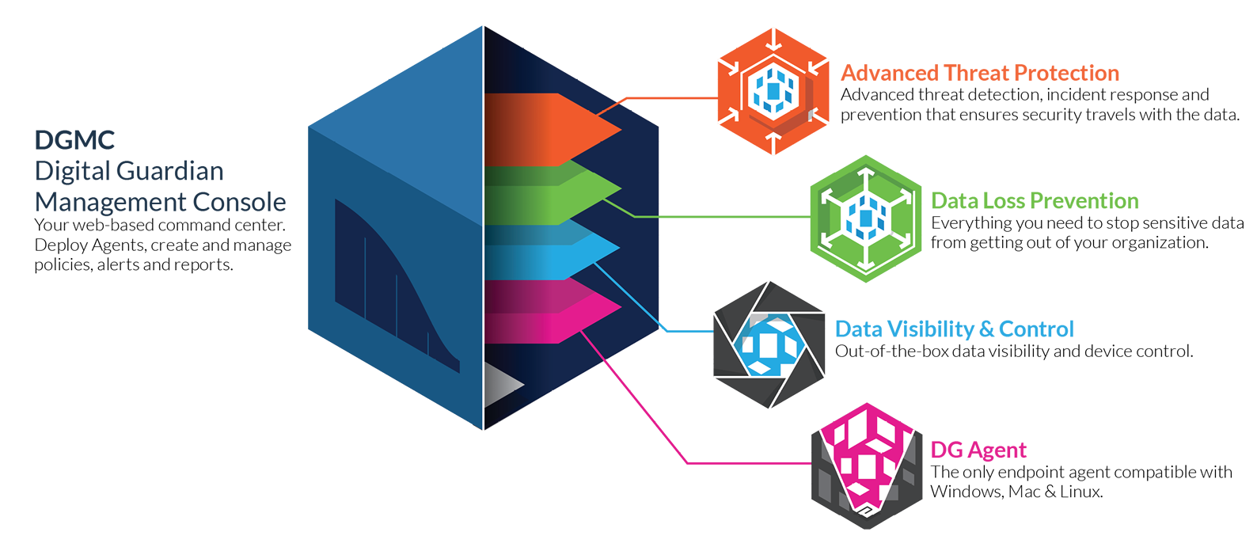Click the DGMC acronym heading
point(74,141)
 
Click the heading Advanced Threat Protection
point(979,74)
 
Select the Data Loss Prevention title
point(1035,201)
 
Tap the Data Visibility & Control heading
point(954,329)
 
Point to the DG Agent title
point(978,450)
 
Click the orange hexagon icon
point(773,91)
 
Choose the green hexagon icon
point(865,218)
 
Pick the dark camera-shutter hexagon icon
point(769,345)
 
